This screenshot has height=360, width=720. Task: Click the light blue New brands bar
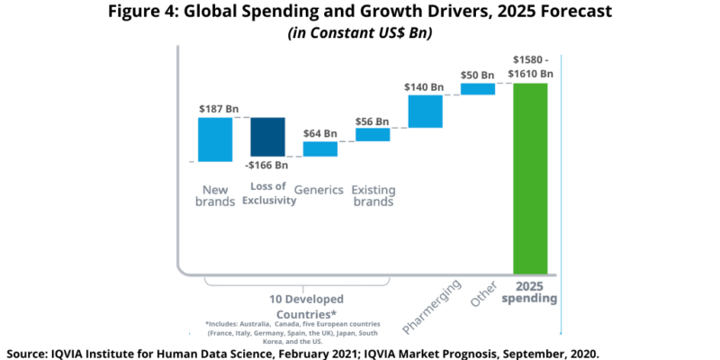216,139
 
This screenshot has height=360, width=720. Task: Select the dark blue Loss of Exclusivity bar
267,136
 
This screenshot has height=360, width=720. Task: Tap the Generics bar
319,148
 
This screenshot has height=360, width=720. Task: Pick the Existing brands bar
372,134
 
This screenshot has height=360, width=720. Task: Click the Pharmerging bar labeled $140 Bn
425,111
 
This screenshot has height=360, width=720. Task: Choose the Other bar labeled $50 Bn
478,88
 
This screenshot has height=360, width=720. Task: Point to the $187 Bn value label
219,109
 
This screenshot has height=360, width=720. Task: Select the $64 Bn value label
319,133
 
